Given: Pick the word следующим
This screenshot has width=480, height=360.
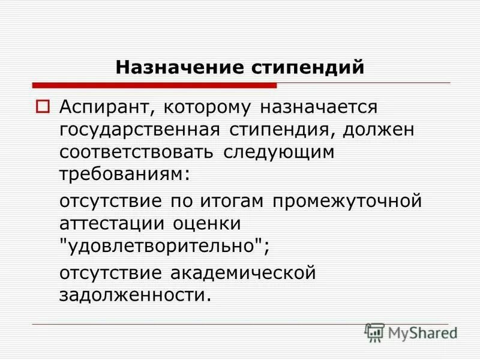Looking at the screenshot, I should (279, 152).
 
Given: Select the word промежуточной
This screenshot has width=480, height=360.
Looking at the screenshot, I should (347, 202).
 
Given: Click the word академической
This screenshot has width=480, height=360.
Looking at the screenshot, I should (243, 273).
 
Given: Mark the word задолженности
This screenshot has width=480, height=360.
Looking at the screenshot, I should (136, 295).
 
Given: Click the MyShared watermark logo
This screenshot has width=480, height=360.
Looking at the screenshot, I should (410, 332).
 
